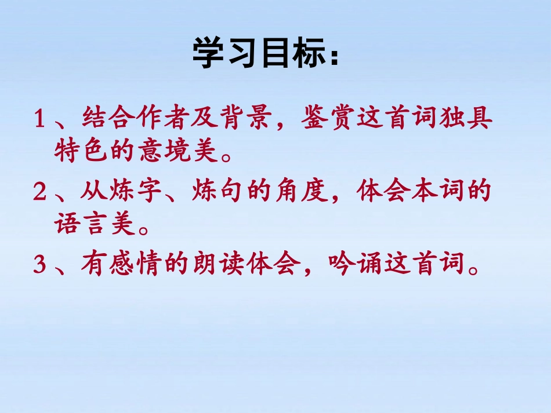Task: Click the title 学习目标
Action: (264, 55)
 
